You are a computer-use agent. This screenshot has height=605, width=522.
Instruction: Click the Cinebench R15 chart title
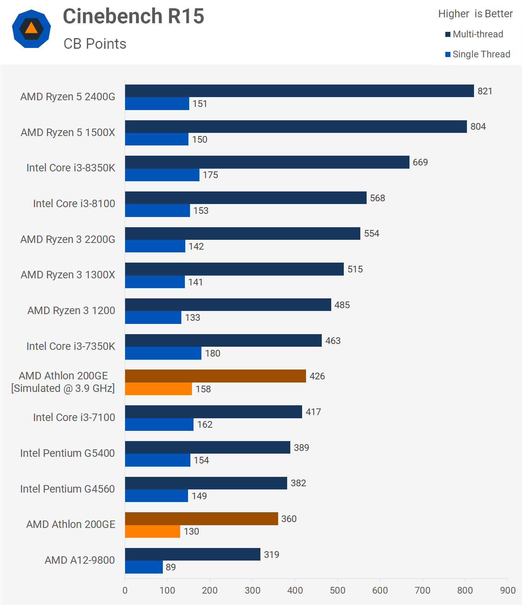(x=133, y=17)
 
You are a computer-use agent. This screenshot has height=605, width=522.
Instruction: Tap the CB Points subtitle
(x=95, y=44)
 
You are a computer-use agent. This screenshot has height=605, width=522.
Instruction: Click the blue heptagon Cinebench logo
(x=31, y=29)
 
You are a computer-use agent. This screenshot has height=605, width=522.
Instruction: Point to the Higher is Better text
(x=475, y=14)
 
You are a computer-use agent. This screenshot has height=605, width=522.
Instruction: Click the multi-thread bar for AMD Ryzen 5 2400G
(x=299, y=91)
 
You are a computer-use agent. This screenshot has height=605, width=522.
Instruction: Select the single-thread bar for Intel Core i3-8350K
(x=162, y=175)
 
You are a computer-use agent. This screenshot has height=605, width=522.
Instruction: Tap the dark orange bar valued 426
(x=215, y=376)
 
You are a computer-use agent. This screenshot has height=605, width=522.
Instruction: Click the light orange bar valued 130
(x=153, y=531)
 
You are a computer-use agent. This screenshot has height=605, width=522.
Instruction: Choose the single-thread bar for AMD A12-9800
(x=144, y=567)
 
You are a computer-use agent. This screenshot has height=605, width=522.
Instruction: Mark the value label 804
(x=478, y=127)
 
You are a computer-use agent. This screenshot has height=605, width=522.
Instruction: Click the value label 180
(x=212, y=353)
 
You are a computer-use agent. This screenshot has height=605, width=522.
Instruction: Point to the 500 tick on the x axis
(x=338, y=590)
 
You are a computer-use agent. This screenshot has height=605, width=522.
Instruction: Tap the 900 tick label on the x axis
(x=507, y=590)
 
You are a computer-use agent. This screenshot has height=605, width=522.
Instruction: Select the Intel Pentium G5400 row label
(x=67, y=453)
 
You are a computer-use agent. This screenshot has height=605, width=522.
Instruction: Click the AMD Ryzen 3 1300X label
(x=68, y=275)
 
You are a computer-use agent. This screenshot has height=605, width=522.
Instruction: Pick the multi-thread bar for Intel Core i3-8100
(x=245, y=198)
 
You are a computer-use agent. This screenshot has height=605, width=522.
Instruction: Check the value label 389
(x=301, y=448)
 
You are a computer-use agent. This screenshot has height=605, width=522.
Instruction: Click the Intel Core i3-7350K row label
(x=70, y=346)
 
